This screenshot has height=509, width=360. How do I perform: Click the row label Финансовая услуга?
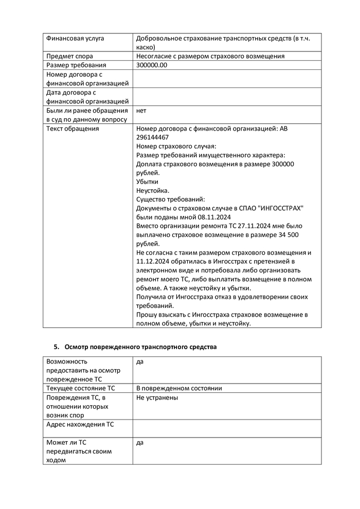tap(75, 38)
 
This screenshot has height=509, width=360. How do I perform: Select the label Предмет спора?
tap(69, 56)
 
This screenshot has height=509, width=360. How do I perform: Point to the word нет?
tap(141, 111)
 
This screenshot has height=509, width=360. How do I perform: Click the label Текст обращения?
tap(73, 129)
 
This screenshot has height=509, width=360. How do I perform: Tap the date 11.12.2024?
tap(153, 262)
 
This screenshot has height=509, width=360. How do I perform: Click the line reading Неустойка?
tap(153, 190)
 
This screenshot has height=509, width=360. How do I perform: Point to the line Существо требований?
tap(171, 199)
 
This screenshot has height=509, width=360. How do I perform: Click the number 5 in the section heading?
tap(56, 347)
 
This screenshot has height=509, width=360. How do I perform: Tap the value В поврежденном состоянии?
tap(178, 388)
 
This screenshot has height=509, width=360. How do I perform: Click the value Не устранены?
tap(157, 397)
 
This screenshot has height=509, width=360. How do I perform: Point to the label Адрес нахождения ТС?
tap(80, 425)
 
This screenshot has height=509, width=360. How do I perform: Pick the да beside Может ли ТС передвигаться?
tap(140, 442)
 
